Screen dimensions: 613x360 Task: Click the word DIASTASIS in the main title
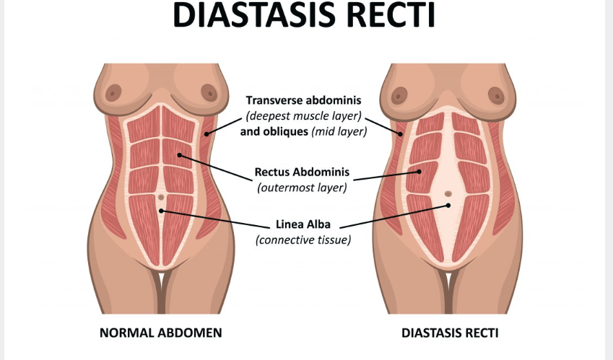point(254,14)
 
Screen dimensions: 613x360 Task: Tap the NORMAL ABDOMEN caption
point(161,333)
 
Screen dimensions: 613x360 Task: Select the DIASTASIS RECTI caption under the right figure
point(450,333)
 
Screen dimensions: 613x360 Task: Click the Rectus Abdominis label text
point(303,172)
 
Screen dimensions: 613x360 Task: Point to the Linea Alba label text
point(303,224)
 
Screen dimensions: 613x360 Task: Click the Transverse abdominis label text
point(303,100)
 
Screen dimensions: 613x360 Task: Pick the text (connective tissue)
point(303,240)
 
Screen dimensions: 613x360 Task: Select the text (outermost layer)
point(303,188)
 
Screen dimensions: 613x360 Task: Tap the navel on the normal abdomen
point(161,198)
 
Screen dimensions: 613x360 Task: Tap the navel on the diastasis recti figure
point(448,193)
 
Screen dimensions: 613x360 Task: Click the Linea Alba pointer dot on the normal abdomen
point(161,211)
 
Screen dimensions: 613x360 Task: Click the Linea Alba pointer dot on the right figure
point(448,206)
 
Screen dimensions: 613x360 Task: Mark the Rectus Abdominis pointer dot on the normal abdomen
point(180,155)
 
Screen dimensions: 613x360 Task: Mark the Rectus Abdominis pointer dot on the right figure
point(419,172)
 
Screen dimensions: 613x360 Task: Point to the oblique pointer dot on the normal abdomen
point(206,134)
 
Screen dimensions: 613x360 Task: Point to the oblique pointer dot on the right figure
point(400,134)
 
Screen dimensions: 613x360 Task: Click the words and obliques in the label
point(274,131)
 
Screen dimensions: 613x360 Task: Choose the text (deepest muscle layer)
point(303,116)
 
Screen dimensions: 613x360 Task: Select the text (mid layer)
point(339,131)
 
